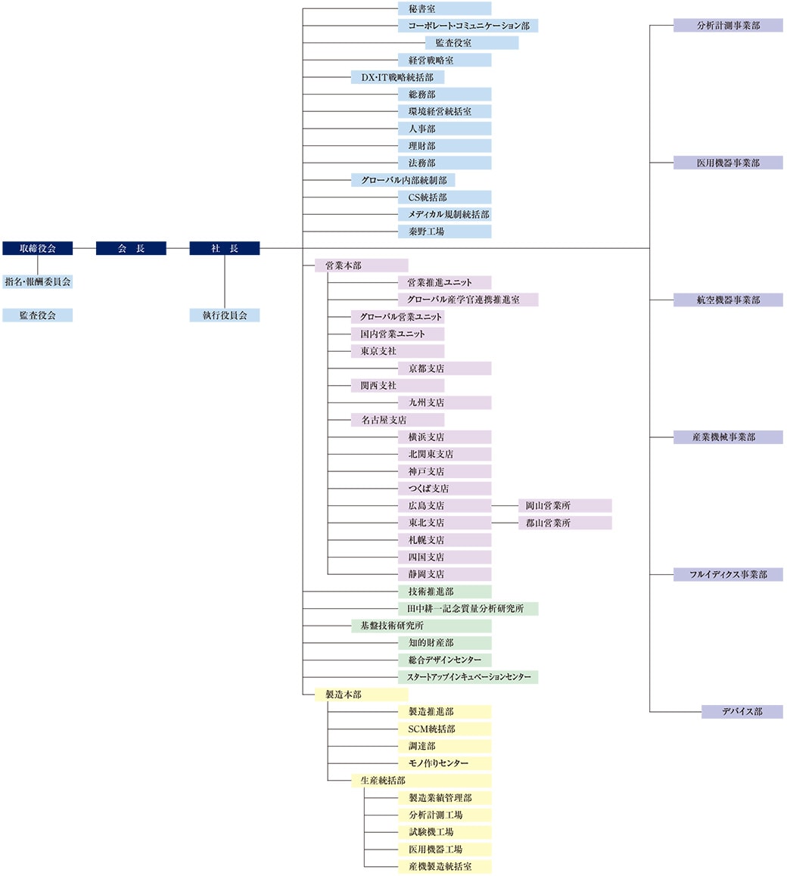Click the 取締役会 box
point(38,248)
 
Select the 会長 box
point(131,248)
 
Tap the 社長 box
point(225,248)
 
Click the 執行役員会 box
point(225,315)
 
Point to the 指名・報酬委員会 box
point(38,281)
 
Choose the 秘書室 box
point(444,9)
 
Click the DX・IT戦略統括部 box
point(397,77)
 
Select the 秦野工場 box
point(444,231)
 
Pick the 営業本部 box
point(361,266)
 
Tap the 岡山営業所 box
point(565,505)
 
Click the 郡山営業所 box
point(565,523)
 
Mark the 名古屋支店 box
point(397,420)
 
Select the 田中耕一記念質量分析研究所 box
point(468,609)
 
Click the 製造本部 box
point(361,694)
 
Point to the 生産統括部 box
point(421,781)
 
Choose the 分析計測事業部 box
point(728,26)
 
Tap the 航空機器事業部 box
point(728,300)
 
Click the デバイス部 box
point(742,712)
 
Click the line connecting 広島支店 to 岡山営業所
point(505,505)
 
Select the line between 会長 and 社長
point(178,248)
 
